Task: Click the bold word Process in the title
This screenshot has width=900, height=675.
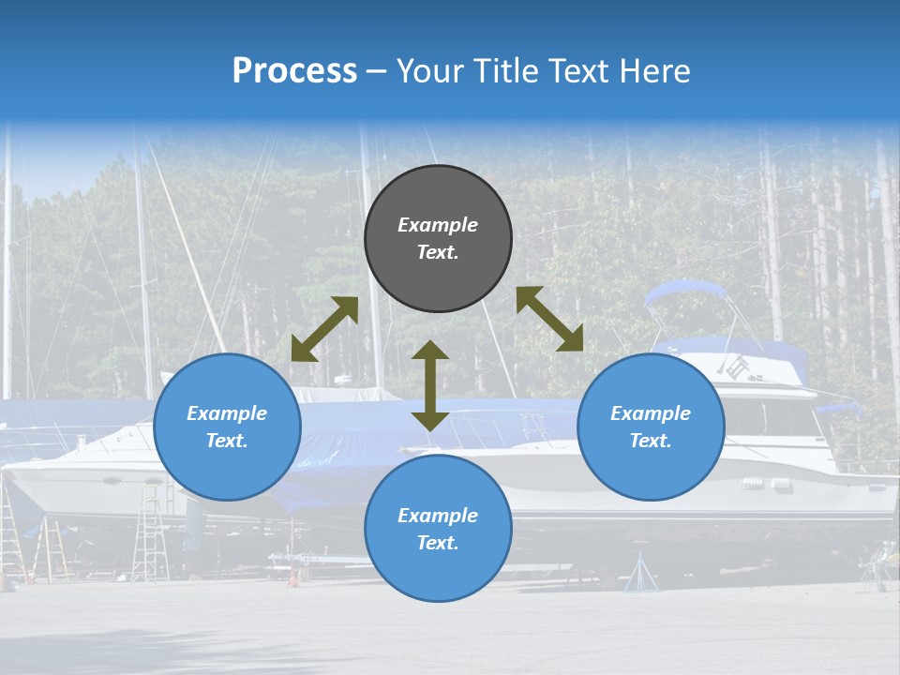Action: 294,71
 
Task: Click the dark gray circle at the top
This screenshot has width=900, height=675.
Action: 438,238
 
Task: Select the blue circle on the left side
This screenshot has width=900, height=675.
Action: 227,427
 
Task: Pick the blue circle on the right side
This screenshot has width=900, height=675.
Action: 651,427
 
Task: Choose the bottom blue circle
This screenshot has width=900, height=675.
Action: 438,529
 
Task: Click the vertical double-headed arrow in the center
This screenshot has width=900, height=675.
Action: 430,385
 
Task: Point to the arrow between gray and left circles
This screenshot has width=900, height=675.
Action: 324,329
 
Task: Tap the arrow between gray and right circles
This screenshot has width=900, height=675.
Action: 549,319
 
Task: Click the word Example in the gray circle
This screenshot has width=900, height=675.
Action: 438,225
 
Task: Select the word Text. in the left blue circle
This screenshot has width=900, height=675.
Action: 227,441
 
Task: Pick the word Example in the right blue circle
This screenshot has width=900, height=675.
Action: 651,413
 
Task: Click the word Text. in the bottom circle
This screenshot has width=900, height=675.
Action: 438,543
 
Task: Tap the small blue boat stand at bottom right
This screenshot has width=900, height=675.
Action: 640,573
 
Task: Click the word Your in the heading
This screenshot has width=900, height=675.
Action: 427,71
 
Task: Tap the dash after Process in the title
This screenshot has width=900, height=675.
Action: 377,71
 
